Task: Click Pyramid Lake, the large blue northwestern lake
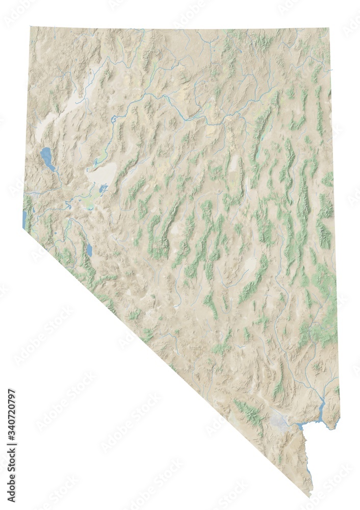tap(47, 158)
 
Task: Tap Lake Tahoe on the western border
tap(24, 218)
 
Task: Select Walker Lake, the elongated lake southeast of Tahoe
tap(89, 249)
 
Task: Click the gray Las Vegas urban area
tap(279, 421)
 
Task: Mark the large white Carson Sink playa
tap(101, 175)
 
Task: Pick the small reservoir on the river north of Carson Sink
tap(113, 121)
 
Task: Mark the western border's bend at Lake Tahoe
tap(23, 228)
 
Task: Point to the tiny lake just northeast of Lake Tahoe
tap(34, 210)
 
